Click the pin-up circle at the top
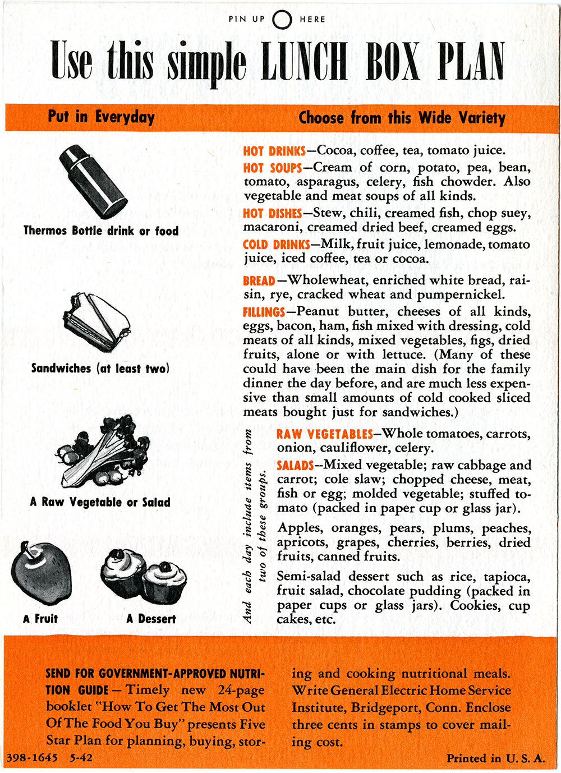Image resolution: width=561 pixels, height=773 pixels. [282, 20]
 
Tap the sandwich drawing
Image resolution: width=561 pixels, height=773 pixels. [96, 322]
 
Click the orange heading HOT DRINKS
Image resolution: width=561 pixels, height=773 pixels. [274, 151]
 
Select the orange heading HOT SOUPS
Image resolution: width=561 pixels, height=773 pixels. [272, 168]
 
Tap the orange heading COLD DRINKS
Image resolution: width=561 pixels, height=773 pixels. [276, 245]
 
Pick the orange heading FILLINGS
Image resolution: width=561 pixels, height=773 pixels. [264, 312]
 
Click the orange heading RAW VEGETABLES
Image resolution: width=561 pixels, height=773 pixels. [324, 434]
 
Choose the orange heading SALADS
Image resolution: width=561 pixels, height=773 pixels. [295, 466]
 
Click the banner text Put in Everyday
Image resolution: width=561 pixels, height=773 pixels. [101, 117]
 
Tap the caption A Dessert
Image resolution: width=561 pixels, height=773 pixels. [151, 619]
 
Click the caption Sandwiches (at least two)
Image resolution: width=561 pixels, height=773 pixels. [100, 369]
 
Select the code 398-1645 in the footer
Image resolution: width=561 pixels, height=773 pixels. [32, 758]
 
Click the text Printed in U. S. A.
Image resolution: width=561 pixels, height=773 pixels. [495, 758]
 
